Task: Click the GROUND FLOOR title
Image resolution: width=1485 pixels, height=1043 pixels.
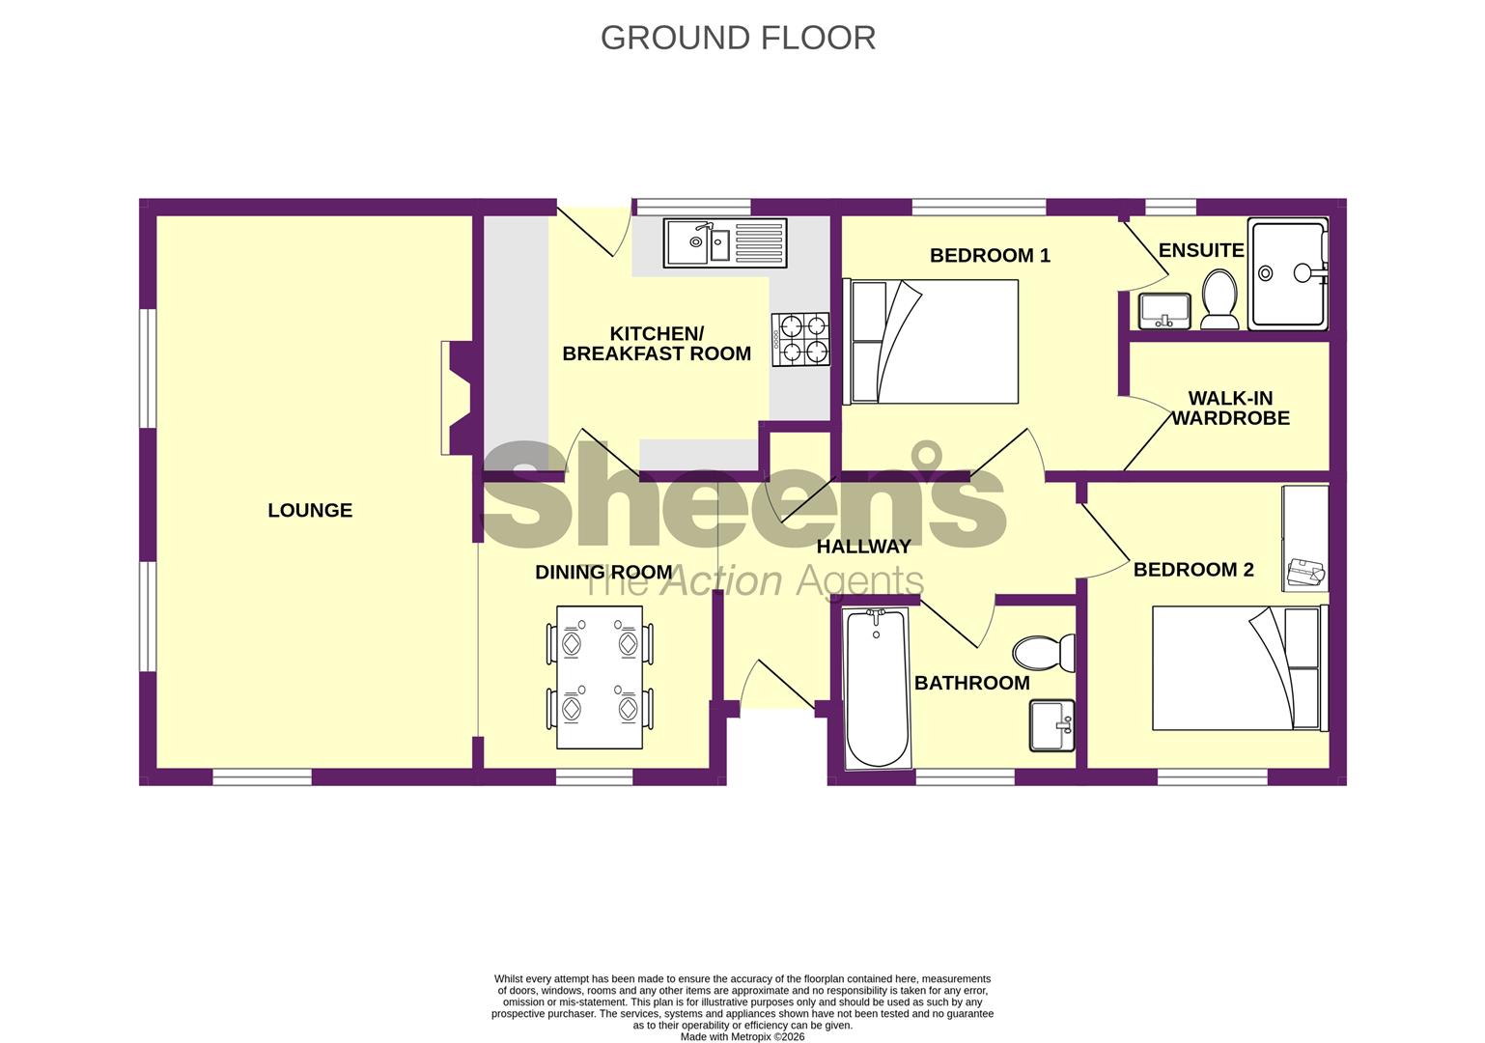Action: [x=738, y=38]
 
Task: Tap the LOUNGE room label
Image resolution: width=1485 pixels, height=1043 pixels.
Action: [x=310, y=510]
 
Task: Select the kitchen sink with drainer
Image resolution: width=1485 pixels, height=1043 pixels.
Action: [x=725, y=242]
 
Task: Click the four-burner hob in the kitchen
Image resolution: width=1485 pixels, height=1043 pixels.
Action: [x=800, y=340]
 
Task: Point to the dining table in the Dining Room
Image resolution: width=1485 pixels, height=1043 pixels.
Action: [x=600, y=677]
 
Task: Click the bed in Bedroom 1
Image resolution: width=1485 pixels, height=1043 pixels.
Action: [x=933, y=342]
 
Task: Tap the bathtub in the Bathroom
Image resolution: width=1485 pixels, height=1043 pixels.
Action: [x=877, y=689]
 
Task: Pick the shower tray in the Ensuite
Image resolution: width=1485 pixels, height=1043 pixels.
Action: [x=1287, y=274]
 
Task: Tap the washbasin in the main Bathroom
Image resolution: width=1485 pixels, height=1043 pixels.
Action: [x=1051, y=725]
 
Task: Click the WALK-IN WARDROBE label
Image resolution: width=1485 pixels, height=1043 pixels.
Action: [x=1230, y=408]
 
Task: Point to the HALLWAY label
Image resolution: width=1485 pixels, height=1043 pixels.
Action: [x=863, y=547]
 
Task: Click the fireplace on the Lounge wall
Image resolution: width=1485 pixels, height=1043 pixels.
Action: [x=456, y=397]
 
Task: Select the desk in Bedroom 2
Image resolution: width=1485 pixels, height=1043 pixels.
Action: [x=1304, y=538]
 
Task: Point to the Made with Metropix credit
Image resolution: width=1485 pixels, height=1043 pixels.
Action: [x=742, y=1037]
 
